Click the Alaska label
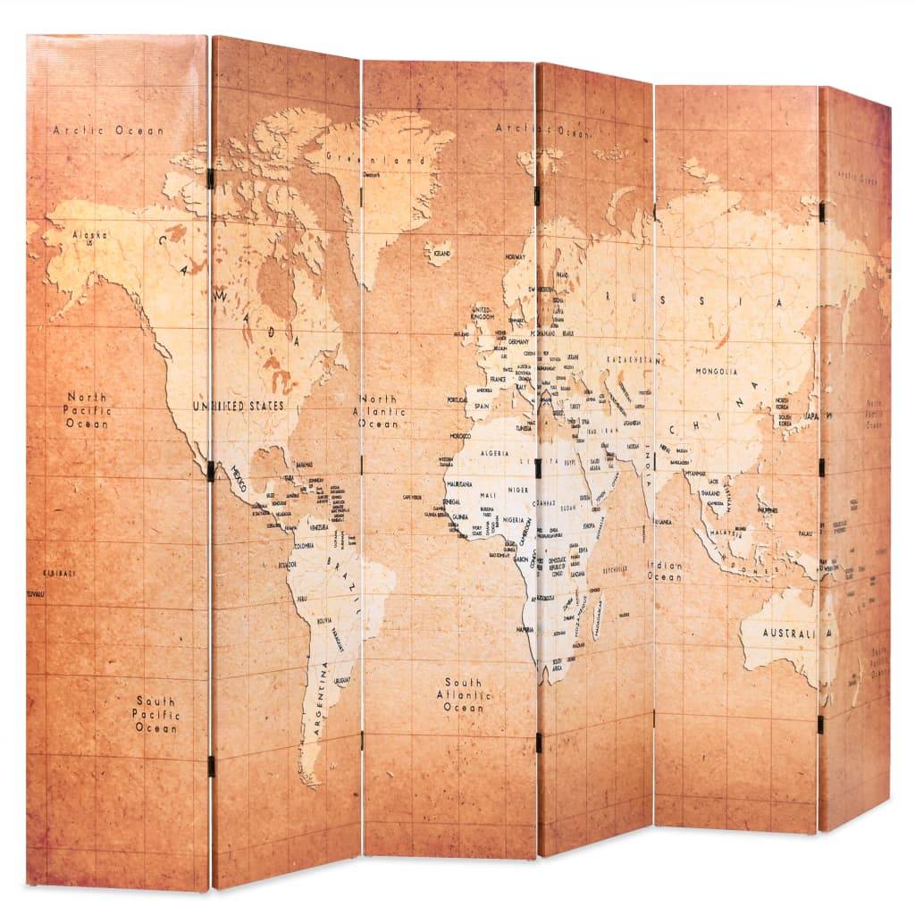point(89,236)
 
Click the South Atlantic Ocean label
point(463,694)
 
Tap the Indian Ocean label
point(666,571)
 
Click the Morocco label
point(460,436)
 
